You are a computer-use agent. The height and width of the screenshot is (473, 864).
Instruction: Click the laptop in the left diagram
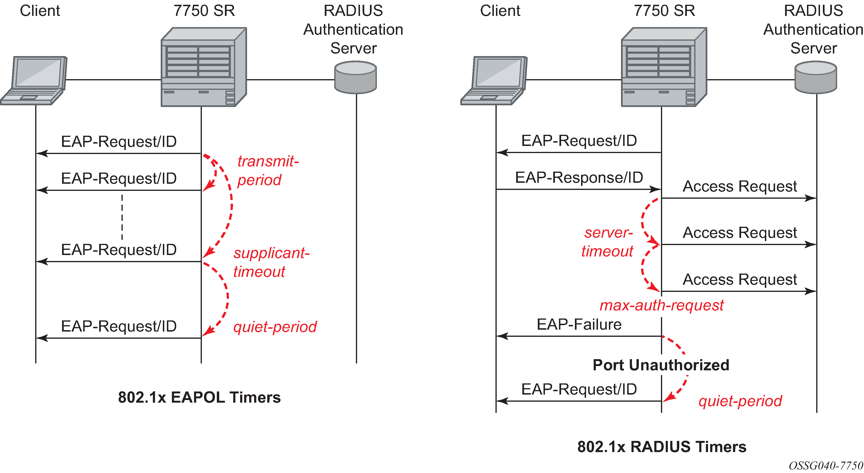(x=34, y=80)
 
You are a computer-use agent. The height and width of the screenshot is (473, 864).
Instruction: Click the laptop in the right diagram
(x=494, y=80)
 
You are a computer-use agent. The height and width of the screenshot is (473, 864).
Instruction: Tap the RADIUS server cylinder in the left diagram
(x=355, y=77)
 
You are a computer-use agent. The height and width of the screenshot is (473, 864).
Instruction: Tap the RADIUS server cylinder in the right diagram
(x=816, y=77)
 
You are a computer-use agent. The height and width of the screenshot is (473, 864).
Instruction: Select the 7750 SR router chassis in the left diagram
(x=204, y=67)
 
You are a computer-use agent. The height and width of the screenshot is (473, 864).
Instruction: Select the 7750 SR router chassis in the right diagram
(x=664, y=67)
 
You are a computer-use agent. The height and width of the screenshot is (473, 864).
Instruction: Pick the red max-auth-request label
(x=661, y=305)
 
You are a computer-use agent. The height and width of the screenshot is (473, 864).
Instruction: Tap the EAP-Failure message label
(x=579, y=324)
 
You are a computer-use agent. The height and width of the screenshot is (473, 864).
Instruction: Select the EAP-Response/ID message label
(x=579, y=177)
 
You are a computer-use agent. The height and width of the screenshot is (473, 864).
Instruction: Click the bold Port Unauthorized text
(x=661, y=365)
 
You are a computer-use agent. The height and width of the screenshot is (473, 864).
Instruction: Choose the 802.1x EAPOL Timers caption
(x=199, y=397)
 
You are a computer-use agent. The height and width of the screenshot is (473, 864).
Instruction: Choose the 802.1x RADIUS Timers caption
(x=661, y=447)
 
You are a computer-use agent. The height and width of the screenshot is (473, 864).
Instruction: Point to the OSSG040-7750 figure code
(x=825, y=465)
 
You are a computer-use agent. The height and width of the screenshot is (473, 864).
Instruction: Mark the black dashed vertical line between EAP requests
(x=122, y=217)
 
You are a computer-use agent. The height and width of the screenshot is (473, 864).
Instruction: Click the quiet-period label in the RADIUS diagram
(x=740, y=401)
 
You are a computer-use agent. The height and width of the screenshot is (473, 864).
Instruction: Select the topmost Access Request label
(x=740, y=186)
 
